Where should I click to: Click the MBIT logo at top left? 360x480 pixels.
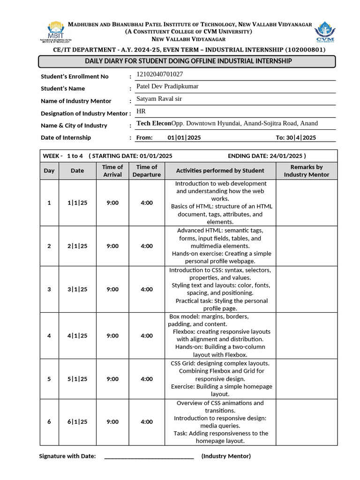[x=55, y=32]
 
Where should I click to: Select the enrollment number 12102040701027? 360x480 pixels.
[x=159, y=74]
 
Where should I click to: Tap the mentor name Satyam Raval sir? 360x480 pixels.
[x=159, y=98]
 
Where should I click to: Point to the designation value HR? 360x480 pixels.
[x=141, y=111]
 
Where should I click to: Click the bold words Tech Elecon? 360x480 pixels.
[x=153, y=123]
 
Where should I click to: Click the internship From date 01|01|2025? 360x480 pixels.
[x=184, y=137]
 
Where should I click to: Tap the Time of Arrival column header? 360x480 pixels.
[x=112, y=171]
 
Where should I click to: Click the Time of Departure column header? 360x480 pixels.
[x=147, y=171]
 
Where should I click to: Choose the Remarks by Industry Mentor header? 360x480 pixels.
[x=307, y=171]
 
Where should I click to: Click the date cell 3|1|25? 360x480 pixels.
[x=77, y=289]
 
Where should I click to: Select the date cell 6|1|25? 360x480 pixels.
[x=77, y=422]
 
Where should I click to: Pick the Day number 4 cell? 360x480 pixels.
[x=49, y=336]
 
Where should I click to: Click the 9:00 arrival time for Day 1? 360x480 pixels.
[x=112, y=202]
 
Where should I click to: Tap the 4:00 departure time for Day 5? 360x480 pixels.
[x=147, y=379]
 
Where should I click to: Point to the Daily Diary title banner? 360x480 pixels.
[x=187, y=61]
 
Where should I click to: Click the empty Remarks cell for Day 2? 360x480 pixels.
[x=307, y=246]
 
